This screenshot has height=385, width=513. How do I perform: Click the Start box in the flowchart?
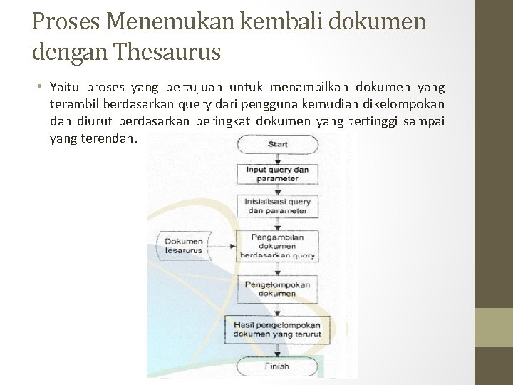click(277, 144)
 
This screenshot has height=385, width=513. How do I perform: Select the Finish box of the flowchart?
click(277, 366)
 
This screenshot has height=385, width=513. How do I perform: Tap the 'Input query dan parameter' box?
click(277, 174)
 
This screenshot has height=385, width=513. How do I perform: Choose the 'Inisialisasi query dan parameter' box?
click(277, 206)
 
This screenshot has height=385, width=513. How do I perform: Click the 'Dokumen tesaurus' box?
click(183, 246)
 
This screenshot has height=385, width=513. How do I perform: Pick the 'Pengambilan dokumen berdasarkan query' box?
click(277, 246)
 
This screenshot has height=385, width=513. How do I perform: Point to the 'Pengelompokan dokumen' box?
click(277, 289)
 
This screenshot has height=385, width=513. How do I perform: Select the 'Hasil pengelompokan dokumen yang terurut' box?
click(277, 329)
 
